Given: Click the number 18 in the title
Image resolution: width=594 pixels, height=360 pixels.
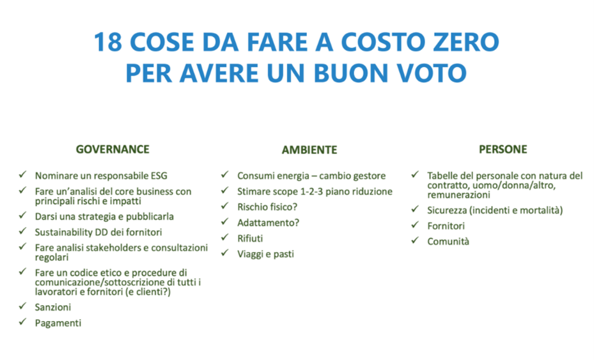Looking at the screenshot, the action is (x=108, y=42).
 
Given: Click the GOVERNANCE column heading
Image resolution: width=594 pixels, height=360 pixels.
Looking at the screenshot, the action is (x=113, y=149).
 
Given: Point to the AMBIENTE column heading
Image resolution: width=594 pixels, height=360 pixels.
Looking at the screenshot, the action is (x=309, y=150).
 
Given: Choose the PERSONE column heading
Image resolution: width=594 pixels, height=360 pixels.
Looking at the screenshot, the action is (x=503, y=149).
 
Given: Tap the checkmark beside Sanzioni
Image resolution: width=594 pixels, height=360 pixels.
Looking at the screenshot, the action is (x=23, y=306).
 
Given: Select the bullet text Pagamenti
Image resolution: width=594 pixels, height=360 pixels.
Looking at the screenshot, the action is (x=58, y=324).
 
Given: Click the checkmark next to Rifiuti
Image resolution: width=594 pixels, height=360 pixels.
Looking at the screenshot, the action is (x=225, y=237).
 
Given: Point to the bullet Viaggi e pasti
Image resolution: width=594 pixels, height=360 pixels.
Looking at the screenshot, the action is (x=265, y=254).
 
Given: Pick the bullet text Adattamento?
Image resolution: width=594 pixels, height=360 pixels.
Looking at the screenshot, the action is (x=268, y=223).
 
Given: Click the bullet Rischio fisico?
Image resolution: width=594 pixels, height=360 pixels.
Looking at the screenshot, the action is (x=267, y=207).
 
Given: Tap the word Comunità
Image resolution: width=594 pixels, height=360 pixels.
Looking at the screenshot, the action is (x=448, y=242).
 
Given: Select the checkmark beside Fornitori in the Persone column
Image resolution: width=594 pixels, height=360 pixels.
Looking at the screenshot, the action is (x=415, y=224).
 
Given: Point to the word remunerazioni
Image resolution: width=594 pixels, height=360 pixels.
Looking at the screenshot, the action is (x=458, y=195).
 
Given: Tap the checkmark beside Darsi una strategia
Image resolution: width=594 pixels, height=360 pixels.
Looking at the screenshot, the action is (x=23, y=215).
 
